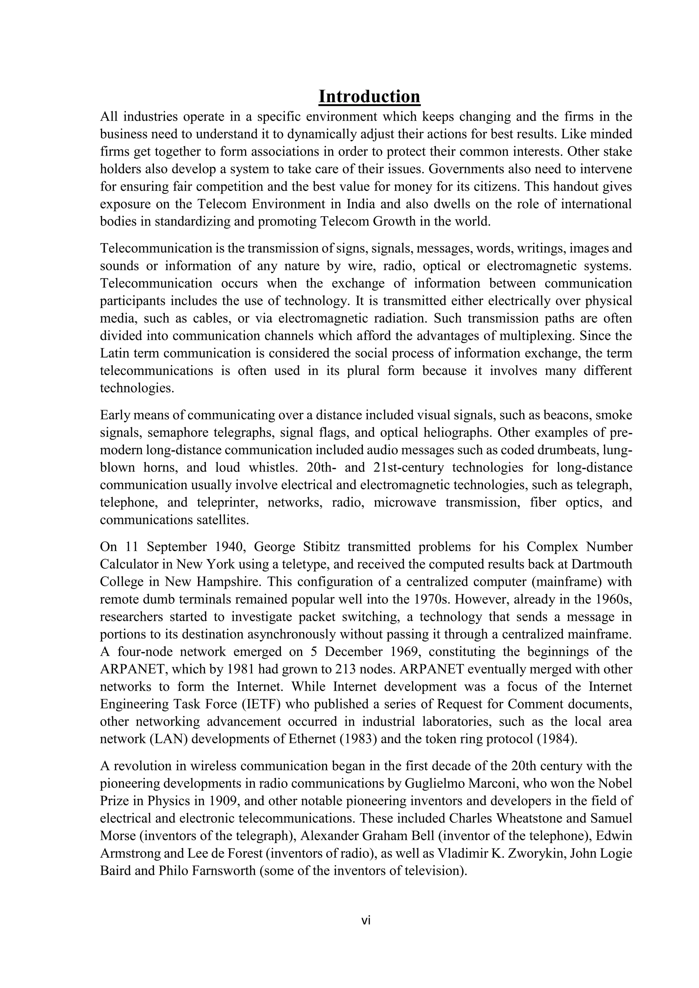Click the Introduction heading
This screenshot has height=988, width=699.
tap(369, 97)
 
